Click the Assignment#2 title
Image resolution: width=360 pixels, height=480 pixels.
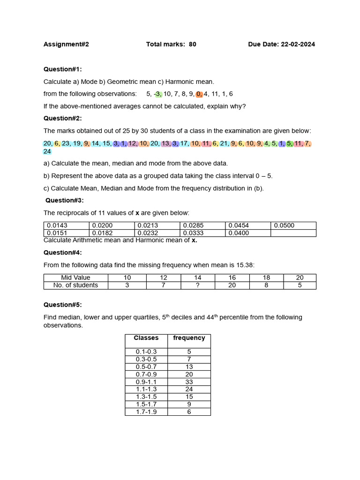66,45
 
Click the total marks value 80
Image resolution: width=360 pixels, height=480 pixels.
193,45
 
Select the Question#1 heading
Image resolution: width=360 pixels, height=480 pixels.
62,69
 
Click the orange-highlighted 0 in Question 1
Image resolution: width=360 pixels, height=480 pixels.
199,94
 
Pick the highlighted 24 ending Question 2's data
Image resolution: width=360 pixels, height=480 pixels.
47,151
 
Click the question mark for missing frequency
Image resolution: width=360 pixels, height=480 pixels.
198,285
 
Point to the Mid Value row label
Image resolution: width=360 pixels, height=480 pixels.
75,277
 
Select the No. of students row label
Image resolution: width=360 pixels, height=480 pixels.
75,285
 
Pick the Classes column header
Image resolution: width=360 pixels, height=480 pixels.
146,338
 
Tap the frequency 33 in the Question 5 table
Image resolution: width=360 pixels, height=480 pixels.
189,382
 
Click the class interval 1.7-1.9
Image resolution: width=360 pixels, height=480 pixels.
146,412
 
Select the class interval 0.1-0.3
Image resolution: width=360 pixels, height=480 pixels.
146,352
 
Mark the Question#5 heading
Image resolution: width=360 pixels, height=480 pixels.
62,305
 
